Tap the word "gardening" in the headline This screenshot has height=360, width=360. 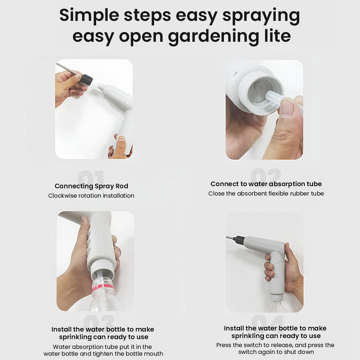coord(214,37)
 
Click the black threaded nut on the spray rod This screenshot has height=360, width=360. coord(87,80)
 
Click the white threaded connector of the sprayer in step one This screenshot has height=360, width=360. coord(100,87)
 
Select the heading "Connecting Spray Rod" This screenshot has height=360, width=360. coord(91,186)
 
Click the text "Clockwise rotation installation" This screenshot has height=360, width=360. coord(91,195)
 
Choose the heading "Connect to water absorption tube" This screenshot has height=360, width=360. coord(266,184)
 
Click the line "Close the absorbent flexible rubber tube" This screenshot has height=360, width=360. coord(266,194)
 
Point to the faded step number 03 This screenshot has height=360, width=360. coord(99,320)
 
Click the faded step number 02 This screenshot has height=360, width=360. coord(266,175)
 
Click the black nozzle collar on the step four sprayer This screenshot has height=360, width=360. coord(239,240)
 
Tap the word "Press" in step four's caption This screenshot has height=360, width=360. coord(224,345)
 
